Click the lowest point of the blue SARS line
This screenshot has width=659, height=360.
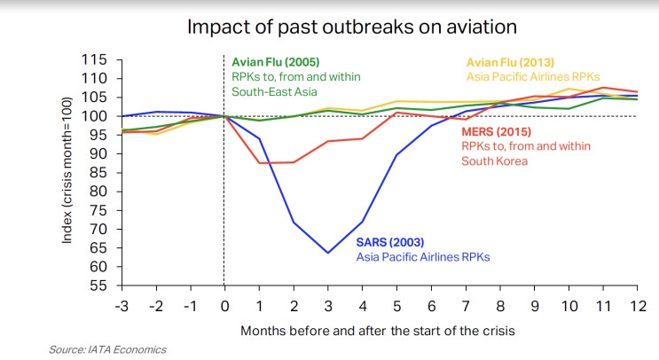[328, 253]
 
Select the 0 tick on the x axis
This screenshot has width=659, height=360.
[224, 306]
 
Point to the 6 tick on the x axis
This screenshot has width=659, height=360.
[432, 306]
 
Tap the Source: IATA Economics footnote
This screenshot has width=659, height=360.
[107, 349]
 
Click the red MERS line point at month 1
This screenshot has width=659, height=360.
[259, 162]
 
